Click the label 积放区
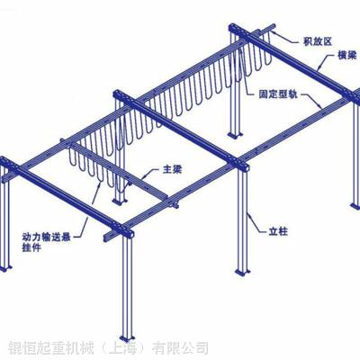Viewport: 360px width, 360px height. click(x=318, y=41)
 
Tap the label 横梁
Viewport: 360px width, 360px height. click(x=347, y=55)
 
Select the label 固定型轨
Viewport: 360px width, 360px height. click(x=278, y=94)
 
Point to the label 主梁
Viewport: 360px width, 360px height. click(x=172, y=170)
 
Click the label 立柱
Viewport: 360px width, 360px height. click(x=278, y=231)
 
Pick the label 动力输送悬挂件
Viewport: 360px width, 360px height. click(x=46, y=242)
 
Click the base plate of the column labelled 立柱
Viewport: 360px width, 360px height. click(x=242, y=273)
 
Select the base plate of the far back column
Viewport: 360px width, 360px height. click(x=235, y=135)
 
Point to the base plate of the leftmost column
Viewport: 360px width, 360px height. click(x=5, y=268)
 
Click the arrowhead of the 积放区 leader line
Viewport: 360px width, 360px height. click(x=274, y=29)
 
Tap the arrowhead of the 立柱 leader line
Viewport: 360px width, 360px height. click(x=247, y=213)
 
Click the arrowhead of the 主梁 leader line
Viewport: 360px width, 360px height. click(x=145, y=177)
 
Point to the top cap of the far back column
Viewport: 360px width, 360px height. click(x=236, y=29)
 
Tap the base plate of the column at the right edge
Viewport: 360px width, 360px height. click(x=355, y=206)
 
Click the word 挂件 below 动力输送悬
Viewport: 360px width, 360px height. click(x=31, y=247)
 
